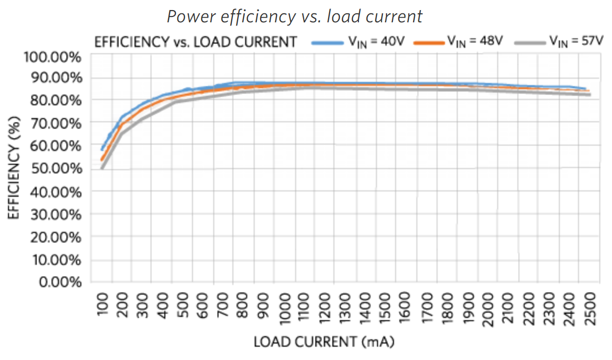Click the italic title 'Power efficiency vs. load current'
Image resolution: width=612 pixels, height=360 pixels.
pos(295,16)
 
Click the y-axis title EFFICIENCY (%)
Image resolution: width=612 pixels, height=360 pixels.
pos(14,169)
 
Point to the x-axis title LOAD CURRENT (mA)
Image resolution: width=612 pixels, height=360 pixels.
pos(324,342)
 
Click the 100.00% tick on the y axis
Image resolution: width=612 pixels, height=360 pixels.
pos(52,57)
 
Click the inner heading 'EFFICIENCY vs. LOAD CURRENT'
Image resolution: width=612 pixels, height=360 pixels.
pos(195,43)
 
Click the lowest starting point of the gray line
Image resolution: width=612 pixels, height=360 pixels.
pos(102,168)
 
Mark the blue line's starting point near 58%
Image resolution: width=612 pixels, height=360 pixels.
pos(102,149)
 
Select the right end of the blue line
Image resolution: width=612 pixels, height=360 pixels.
pos(585,89)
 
